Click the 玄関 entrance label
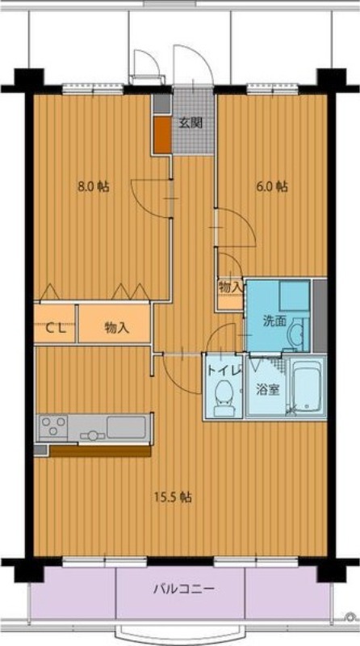click(x=190, y=123)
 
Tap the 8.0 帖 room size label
click(x=93, y=187)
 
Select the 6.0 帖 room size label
click(x=272, y=187)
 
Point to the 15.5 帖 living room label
click(x=173, y=497)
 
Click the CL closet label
click(x=55, y=328)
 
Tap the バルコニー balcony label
click(x=184, y=589)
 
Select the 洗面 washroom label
click(x=274, y=321)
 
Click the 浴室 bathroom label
click(x=268, y=390)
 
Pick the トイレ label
click(x=224, y=370)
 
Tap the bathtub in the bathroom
click(x=306, y=387)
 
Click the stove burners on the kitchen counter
click(x=53, y=426)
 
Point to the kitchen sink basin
click(x=126, y=427)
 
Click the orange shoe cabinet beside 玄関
click(x=163, y=135)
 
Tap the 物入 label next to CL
click(x=117, y=328)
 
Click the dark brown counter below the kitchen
click(x=100, y=451)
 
